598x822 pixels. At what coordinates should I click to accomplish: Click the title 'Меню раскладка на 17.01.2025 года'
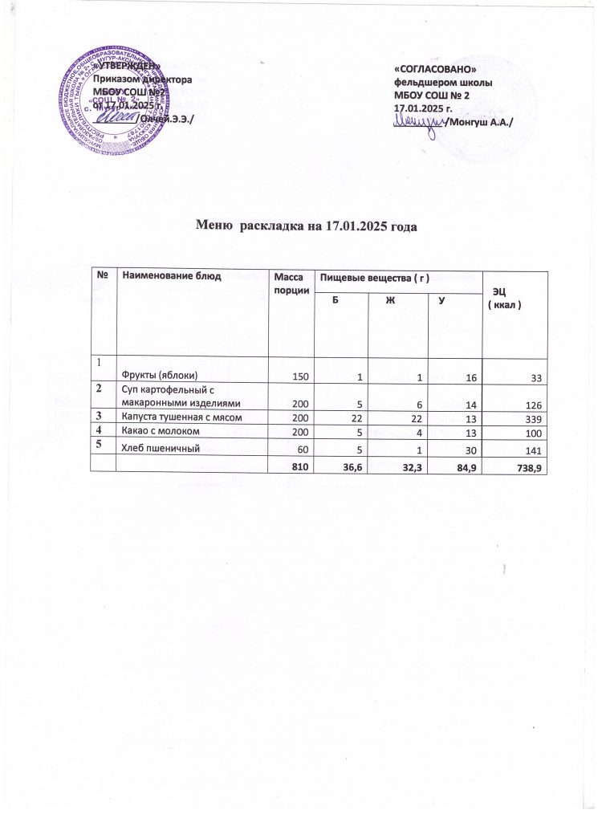pyautogui.click(x=307, y=226)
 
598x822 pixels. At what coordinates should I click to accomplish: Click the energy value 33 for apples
pyautogui.click(x=537, y=376)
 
